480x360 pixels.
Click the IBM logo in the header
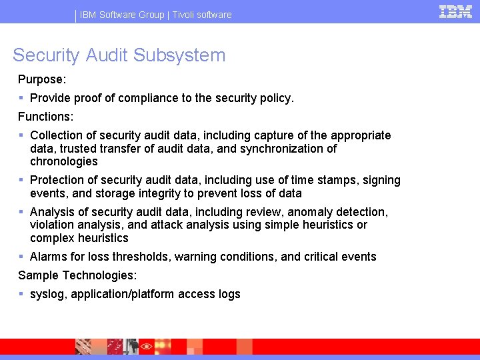tap(455, 11)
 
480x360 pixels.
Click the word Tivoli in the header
tap(186, 15)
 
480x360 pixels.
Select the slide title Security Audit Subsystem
tap(119, 55)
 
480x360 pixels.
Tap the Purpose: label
tap(42, 79)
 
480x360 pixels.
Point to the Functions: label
tap(45, 117)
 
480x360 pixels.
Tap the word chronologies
tap(64, 161)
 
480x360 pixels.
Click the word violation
tap(53, 225)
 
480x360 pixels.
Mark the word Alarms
tap(48, 257)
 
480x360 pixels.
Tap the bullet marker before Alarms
tap(22, 257)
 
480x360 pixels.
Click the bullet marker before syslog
tap(22, 294)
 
